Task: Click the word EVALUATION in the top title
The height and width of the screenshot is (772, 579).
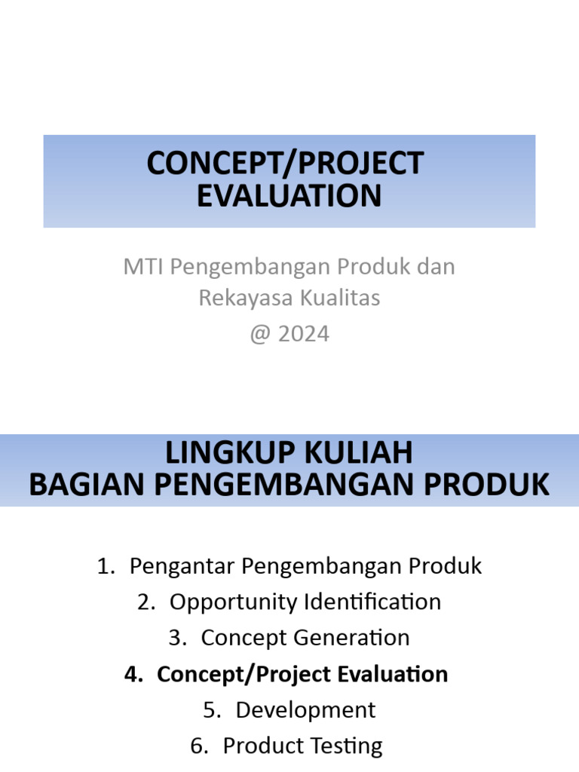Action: coord(289,195)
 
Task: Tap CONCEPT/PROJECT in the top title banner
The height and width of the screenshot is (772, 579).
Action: coord(286,164)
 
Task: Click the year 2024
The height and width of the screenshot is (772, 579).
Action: coord(304,333)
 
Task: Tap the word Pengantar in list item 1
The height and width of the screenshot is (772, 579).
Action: coord(182,566)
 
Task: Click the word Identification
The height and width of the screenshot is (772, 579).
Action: coord(372,602)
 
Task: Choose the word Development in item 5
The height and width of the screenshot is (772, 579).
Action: coord(305,709)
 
